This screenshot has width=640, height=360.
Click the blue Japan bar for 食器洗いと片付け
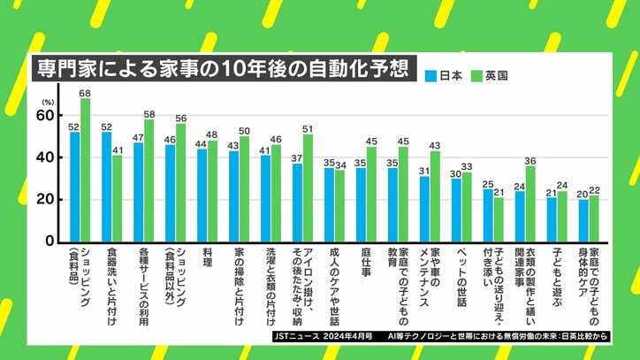107,187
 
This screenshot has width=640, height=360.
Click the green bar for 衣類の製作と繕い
530,203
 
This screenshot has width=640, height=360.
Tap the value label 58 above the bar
149,114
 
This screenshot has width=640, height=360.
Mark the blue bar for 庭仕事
361,204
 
